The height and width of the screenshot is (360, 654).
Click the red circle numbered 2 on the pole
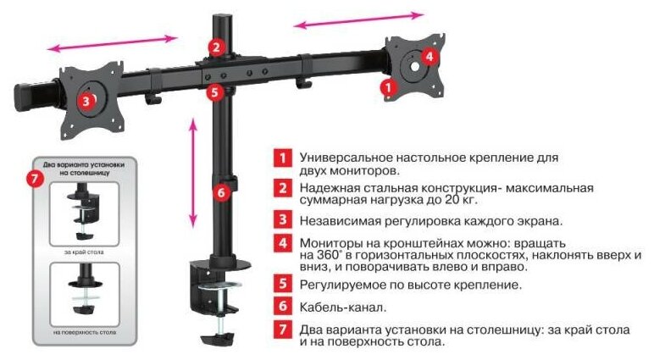pos(216,47)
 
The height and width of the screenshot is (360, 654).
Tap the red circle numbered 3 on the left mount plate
pos(86,101)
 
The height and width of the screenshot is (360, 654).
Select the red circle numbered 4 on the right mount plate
pos(430,56)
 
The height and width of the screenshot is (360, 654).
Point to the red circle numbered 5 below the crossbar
pos(215,91)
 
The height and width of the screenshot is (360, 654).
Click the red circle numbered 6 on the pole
pos(221,193)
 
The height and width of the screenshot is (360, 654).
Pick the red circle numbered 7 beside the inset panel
pos(36,179)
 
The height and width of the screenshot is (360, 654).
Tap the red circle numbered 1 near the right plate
pos(388,87)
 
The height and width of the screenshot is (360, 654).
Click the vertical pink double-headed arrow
pos(192,173)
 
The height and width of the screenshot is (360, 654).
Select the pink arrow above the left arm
pos(112,43)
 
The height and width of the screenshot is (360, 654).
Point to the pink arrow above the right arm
pos(358,20)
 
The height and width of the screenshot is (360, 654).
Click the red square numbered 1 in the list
pos(283,158)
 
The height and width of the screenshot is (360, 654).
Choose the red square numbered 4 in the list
pos(283,242)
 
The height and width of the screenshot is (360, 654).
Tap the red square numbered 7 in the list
pos(283,330)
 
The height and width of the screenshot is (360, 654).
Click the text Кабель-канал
pos(343,307)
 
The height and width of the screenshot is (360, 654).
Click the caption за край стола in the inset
pos(84,252)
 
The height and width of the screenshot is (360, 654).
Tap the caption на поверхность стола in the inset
pos(85,332)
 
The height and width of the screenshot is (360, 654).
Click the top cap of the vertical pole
pos(222,19)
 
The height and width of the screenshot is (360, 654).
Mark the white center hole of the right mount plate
pos(414,66)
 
